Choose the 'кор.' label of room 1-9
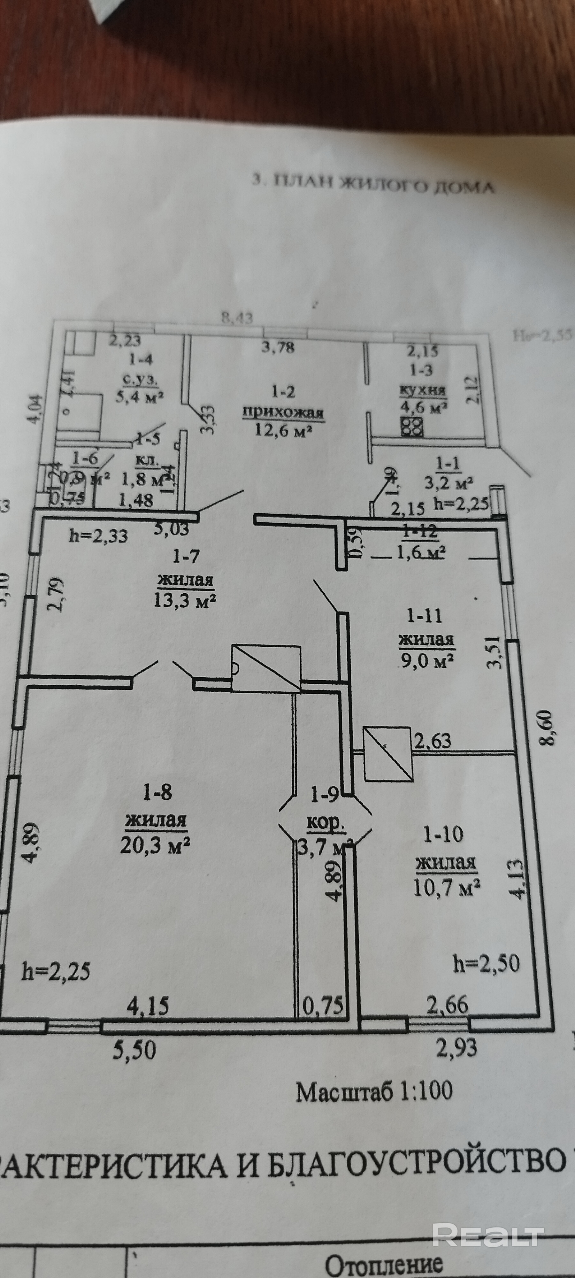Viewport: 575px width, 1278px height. (326, 823)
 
